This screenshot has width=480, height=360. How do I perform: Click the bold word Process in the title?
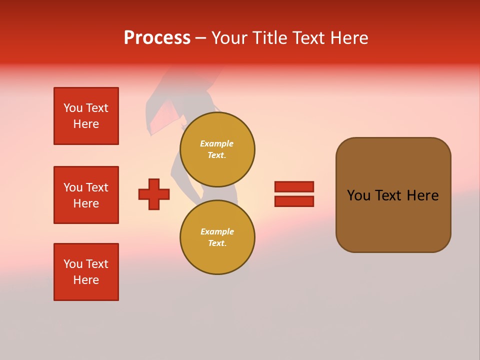coord(157,37)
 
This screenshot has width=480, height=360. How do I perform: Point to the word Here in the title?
coord(349,37)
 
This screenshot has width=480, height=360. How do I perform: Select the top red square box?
coord(86,116)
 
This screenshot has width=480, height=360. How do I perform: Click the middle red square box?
coord(86,195)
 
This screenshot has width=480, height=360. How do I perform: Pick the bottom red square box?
coord(86,272)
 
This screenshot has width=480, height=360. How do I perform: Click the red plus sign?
coord(154,194)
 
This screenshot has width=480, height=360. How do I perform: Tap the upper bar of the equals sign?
coord(294,186)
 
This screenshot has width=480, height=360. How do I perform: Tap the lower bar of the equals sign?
coord(294,201)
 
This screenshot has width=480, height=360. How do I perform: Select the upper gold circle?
coord(217,149)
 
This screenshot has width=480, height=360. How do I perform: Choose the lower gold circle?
coord(217,237)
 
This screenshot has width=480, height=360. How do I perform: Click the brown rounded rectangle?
coord(393,195)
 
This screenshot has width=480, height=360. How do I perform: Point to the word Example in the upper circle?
coord(216,144)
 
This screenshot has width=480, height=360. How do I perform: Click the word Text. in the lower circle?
coord(217,243)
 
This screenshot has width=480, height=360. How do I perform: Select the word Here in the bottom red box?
coord(86,280)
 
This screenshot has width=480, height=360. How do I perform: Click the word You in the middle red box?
coord(72,187)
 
